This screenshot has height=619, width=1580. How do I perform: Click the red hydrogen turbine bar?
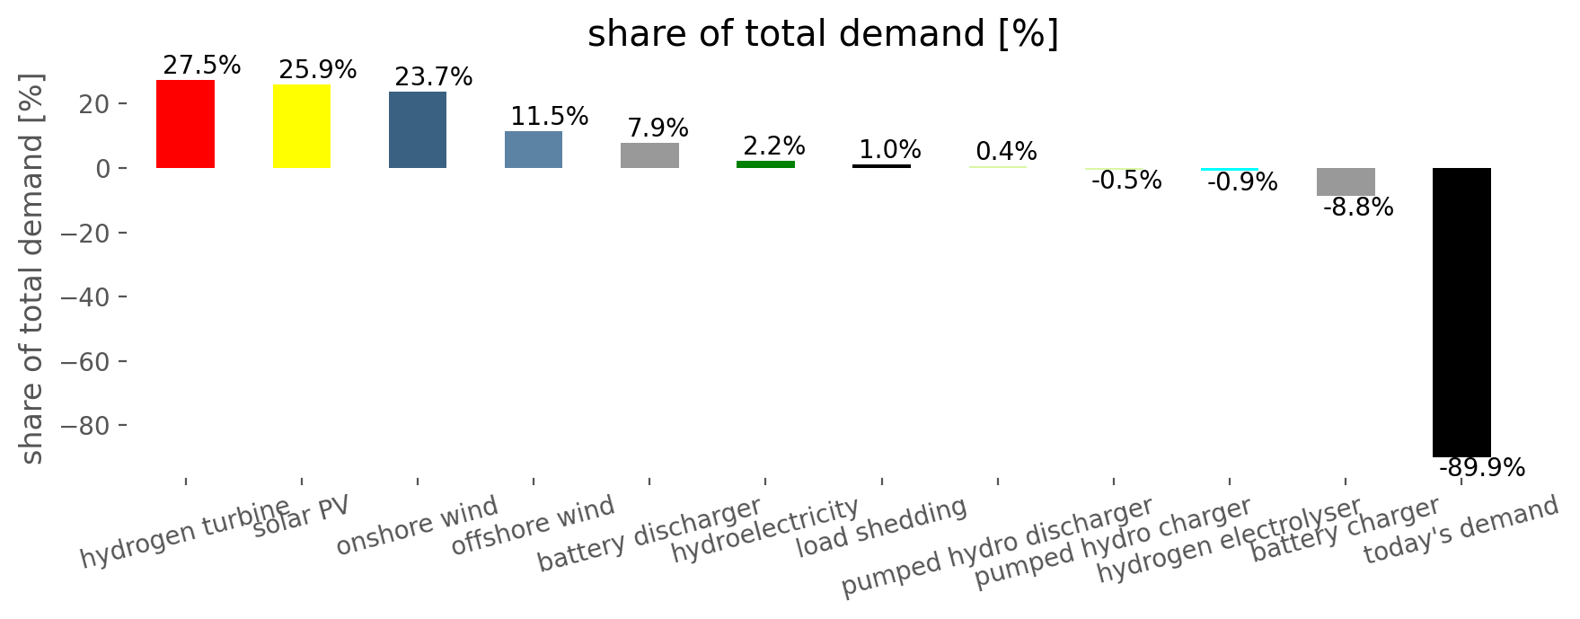click(185, 124)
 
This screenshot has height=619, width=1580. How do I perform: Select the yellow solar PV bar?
click(302, 127)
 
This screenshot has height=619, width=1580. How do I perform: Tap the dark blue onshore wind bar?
click(418, 130)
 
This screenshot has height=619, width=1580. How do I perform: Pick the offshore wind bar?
click(534, 150)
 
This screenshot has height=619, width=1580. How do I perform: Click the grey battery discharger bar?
click(649, 155)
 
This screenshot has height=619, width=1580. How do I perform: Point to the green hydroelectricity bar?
click(765, 164)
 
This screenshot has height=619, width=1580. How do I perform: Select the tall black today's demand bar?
click(1461, 313)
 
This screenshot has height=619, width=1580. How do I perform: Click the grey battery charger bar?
click(1346, 182)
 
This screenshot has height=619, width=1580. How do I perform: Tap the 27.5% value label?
click(202, 66)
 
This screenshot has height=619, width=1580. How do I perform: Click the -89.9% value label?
click(1482, 468)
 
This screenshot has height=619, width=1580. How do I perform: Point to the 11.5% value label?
click(550, 117)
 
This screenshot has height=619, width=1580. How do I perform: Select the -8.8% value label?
click(1358, 208)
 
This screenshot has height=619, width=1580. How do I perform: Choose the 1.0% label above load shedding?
click(890, 150)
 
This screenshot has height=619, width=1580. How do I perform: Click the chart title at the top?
click(823, 34)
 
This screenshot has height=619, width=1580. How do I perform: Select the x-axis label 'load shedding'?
click(882, 527)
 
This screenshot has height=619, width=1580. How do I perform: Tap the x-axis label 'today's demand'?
click(1461, 531)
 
